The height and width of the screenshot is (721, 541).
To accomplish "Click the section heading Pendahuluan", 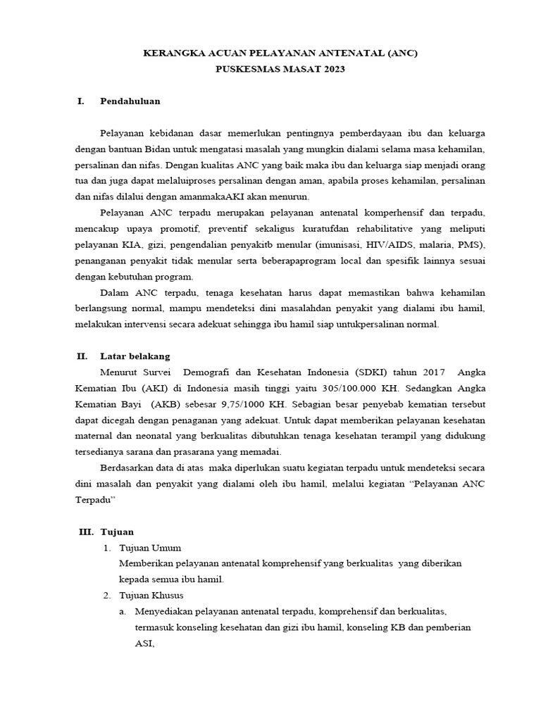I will [130, 101].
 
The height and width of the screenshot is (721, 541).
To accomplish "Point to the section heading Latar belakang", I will [135, 356].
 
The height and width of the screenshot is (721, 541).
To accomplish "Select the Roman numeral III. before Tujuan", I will [87, 532].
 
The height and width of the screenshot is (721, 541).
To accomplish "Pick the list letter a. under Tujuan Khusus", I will [123, 612].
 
